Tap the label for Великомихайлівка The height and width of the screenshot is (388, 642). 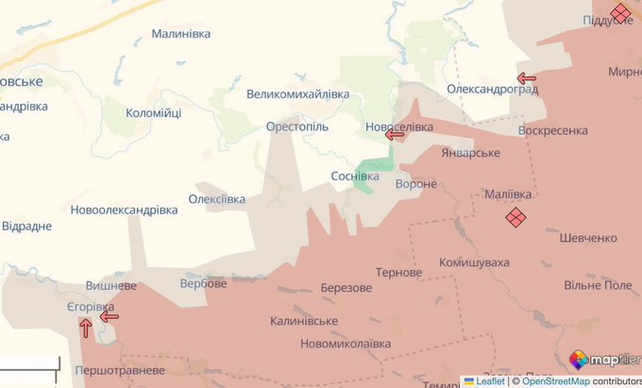[x=297, y=94]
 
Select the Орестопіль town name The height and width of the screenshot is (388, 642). [x=296, y=126]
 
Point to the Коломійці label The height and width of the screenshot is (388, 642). [x=154, y=113]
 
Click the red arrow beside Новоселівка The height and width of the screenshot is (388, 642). [x=396, y=135]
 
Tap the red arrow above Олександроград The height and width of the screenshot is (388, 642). [x=527, y=78]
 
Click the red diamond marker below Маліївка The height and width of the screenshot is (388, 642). [x=515, y=218]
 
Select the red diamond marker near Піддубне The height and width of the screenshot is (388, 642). [x=620, y=12]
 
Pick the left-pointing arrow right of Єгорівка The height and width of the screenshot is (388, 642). [x=110, y=316]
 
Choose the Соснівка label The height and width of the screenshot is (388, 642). [x=355, y=177]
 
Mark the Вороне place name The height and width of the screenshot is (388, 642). [x=416, y=184]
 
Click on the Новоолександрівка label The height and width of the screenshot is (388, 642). [x=124, y=210]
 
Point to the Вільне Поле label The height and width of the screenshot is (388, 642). [x=598, y=285]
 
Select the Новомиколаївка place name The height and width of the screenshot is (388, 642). [x=345, y=344]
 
